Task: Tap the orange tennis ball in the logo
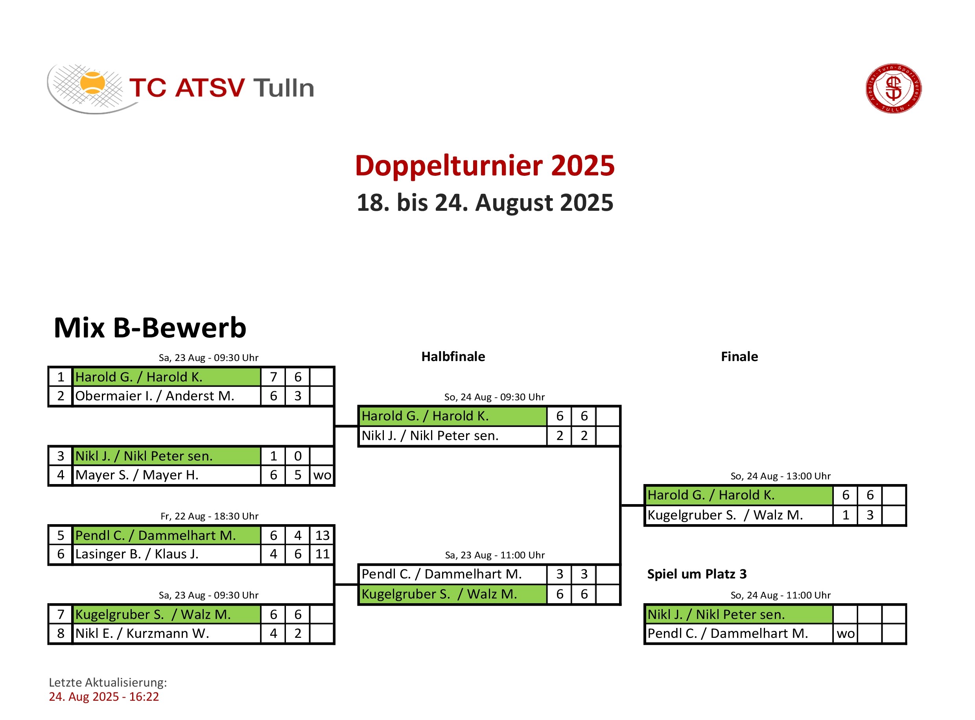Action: point(92,83)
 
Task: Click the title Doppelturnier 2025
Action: point(485,166)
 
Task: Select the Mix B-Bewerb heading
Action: point(150,328)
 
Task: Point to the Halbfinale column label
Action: point(453,357)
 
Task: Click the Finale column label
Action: point(740,357)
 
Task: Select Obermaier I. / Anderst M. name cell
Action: point(167,396)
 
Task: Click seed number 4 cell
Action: point(61,475)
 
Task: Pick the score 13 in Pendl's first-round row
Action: point(323,536)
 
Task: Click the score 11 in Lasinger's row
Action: point(323,554)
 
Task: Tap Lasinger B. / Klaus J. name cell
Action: point(167,554)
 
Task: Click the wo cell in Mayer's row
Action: point(323,475)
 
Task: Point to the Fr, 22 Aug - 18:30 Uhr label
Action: point(210,516)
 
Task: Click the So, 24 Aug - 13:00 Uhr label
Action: point(781,476)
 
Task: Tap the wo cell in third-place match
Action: point(846,634)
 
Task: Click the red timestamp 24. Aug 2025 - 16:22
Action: point(104,697)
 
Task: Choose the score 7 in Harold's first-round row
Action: point(274,377)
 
